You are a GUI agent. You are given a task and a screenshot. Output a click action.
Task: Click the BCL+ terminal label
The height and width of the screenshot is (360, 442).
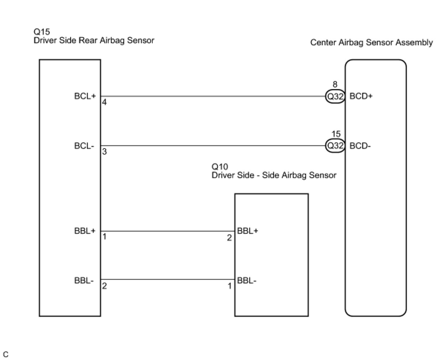[85, 96]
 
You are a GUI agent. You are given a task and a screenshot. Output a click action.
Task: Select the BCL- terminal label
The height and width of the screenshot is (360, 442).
[84, 146]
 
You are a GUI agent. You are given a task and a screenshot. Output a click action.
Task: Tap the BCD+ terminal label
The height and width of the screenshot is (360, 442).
[361, 96]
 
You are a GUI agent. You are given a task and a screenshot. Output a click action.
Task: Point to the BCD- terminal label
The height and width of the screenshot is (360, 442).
[360, 146]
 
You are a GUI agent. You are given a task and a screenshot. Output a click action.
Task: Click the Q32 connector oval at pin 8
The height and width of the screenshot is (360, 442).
[335, 97]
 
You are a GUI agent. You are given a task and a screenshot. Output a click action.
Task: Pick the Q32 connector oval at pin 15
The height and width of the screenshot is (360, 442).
[335, 146]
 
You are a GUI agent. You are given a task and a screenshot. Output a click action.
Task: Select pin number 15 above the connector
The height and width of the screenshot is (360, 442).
[336, 135]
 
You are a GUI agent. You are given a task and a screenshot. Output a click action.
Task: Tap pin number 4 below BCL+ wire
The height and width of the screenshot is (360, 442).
[104, 103]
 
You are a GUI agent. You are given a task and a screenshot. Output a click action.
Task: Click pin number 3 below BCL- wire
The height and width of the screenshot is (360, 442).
[104, 152]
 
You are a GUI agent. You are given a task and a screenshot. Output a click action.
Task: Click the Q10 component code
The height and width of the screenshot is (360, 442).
[220, 167]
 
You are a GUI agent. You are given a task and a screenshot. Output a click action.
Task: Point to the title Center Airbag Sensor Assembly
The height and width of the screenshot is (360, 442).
[371, 43]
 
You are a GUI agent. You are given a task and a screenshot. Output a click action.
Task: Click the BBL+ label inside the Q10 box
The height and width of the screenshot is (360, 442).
[247, 231]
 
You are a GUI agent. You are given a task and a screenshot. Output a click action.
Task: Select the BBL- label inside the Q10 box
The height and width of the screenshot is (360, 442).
[247, 281]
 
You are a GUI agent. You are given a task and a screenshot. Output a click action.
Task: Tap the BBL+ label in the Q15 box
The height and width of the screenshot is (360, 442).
[85, 231]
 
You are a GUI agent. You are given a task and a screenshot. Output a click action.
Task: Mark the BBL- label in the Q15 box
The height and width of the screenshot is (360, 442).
[84, 281]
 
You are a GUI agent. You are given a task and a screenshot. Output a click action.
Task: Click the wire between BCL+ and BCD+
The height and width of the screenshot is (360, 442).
[212, 97]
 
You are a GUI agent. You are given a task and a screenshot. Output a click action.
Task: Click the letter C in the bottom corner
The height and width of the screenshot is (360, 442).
[6, 355]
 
